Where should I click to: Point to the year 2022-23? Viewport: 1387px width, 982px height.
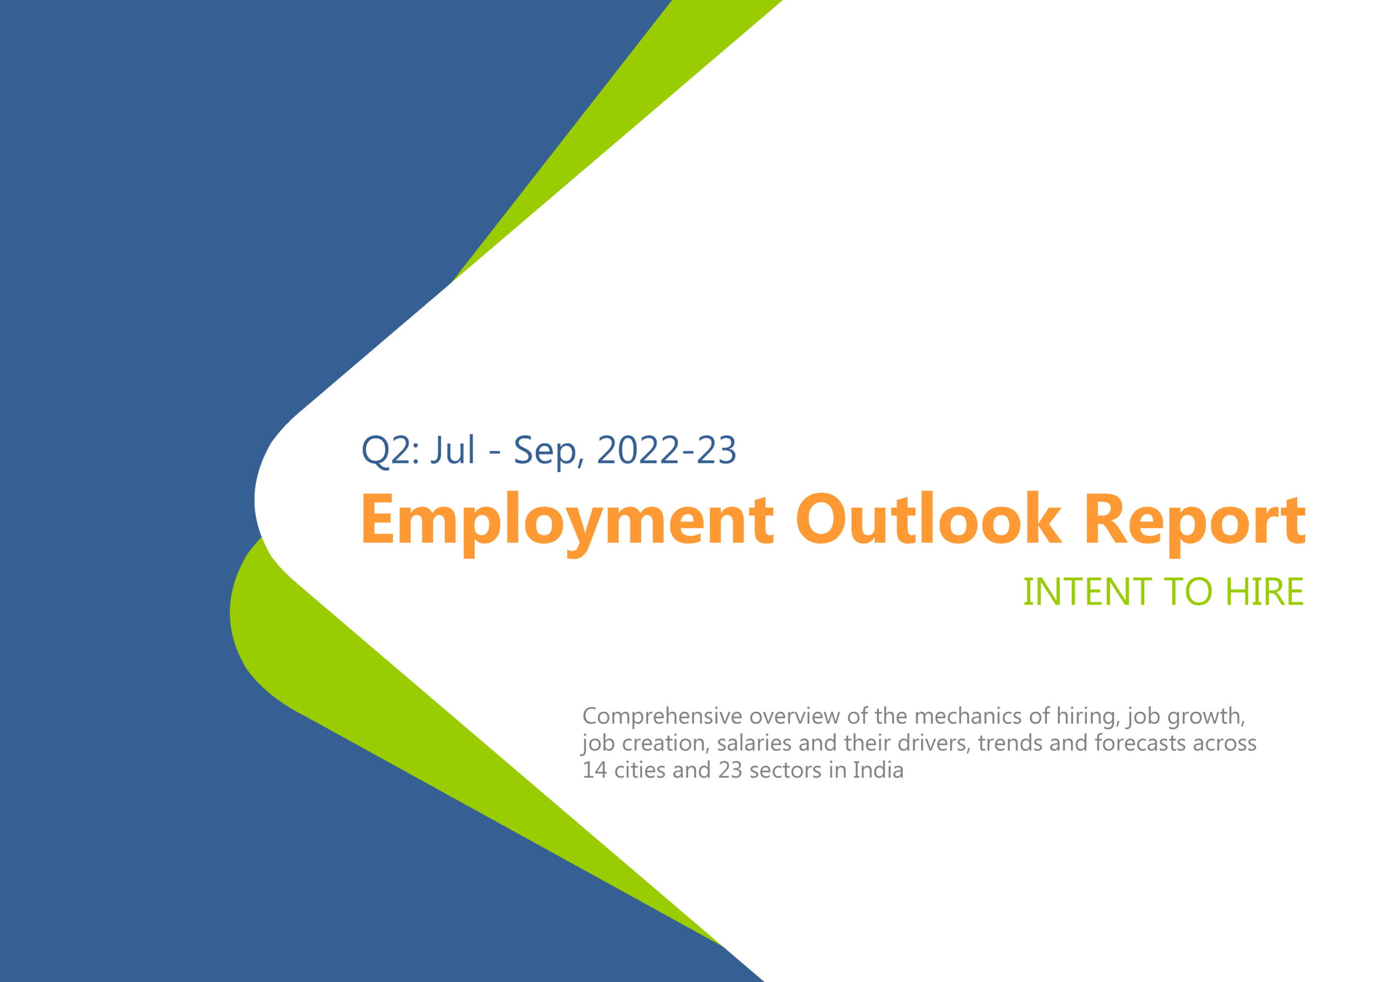pos(666,450)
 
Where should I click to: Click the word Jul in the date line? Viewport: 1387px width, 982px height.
pos(452,450)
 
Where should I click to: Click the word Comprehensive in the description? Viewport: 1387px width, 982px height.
pos(662,716)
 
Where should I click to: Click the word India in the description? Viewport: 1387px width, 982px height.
pos(878,770)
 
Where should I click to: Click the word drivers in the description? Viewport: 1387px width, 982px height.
pos(935,743)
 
